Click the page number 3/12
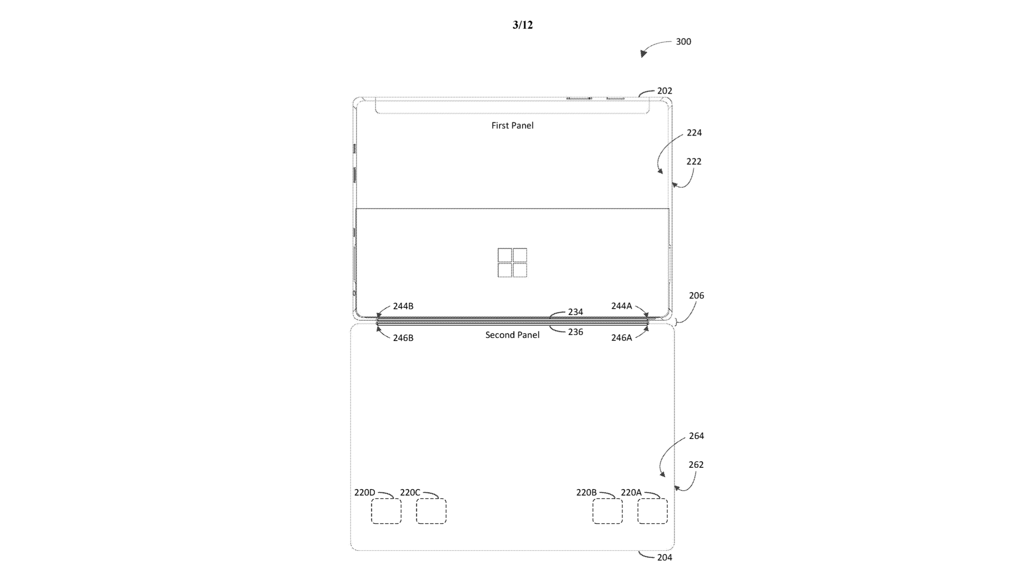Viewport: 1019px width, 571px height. click(522, 25)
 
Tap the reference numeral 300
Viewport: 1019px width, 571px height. click(683, 42)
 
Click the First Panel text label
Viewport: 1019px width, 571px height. click(512, 125)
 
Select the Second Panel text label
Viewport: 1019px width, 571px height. click(512, 335)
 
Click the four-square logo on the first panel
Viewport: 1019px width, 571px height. click(512, 263)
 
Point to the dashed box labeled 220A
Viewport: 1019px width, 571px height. click(652, 511)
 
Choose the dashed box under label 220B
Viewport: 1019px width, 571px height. click(608, 511)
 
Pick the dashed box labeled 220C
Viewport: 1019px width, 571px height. click(431, 511)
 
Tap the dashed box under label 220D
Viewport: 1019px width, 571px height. click(386, 511)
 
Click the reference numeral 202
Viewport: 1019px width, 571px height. click(664, 91)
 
